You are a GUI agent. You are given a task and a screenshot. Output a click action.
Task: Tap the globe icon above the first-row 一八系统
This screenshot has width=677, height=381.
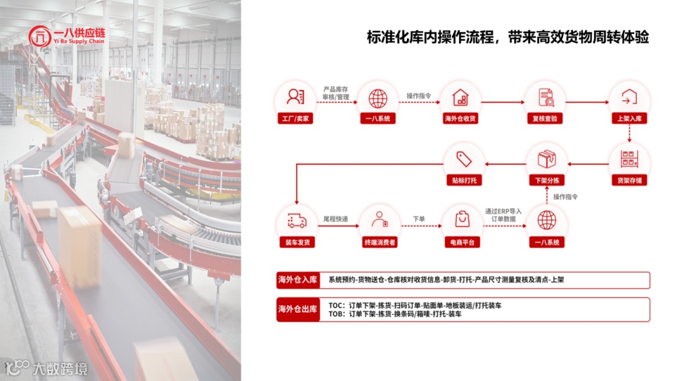(x=378, y=98)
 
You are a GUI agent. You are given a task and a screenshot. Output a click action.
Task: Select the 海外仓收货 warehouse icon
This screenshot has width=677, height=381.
(x=461, y=98)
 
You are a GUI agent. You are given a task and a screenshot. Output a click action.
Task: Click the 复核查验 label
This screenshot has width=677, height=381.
(x=545, y=119)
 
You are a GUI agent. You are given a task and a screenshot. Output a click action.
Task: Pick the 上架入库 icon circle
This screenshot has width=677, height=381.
(x=629, y=98)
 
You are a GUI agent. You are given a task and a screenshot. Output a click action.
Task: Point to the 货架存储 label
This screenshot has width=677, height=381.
(x=629, y=180)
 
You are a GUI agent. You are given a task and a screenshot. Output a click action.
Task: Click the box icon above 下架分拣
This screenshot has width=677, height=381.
(x=547, y=159)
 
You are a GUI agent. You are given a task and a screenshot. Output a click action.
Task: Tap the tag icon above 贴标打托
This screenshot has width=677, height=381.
(x=463, y=159)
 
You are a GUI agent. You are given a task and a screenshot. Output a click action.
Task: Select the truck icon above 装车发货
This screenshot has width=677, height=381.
(x=297, y=220)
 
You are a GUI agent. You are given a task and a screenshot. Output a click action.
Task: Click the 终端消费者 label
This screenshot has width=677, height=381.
(x=380, y=242)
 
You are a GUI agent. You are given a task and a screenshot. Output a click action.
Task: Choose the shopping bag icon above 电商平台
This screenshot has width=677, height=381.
(x=462, y=220)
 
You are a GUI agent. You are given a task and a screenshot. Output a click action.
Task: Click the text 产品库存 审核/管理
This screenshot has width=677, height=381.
(x=336, y=93)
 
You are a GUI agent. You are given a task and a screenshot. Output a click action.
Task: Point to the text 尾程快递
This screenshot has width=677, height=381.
(x=335, y=219)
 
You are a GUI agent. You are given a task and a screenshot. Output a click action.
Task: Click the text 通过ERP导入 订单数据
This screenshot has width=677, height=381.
(x=503, y=215)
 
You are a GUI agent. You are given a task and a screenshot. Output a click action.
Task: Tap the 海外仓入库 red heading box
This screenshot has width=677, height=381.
(x=298, y=280)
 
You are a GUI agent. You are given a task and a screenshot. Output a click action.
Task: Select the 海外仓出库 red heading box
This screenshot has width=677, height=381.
(x=298, y=309)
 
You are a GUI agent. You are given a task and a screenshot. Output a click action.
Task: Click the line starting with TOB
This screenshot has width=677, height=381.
(x=395, y=314)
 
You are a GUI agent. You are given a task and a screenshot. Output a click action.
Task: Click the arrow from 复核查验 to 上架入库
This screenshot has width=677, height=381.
(x=586, y=102)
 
